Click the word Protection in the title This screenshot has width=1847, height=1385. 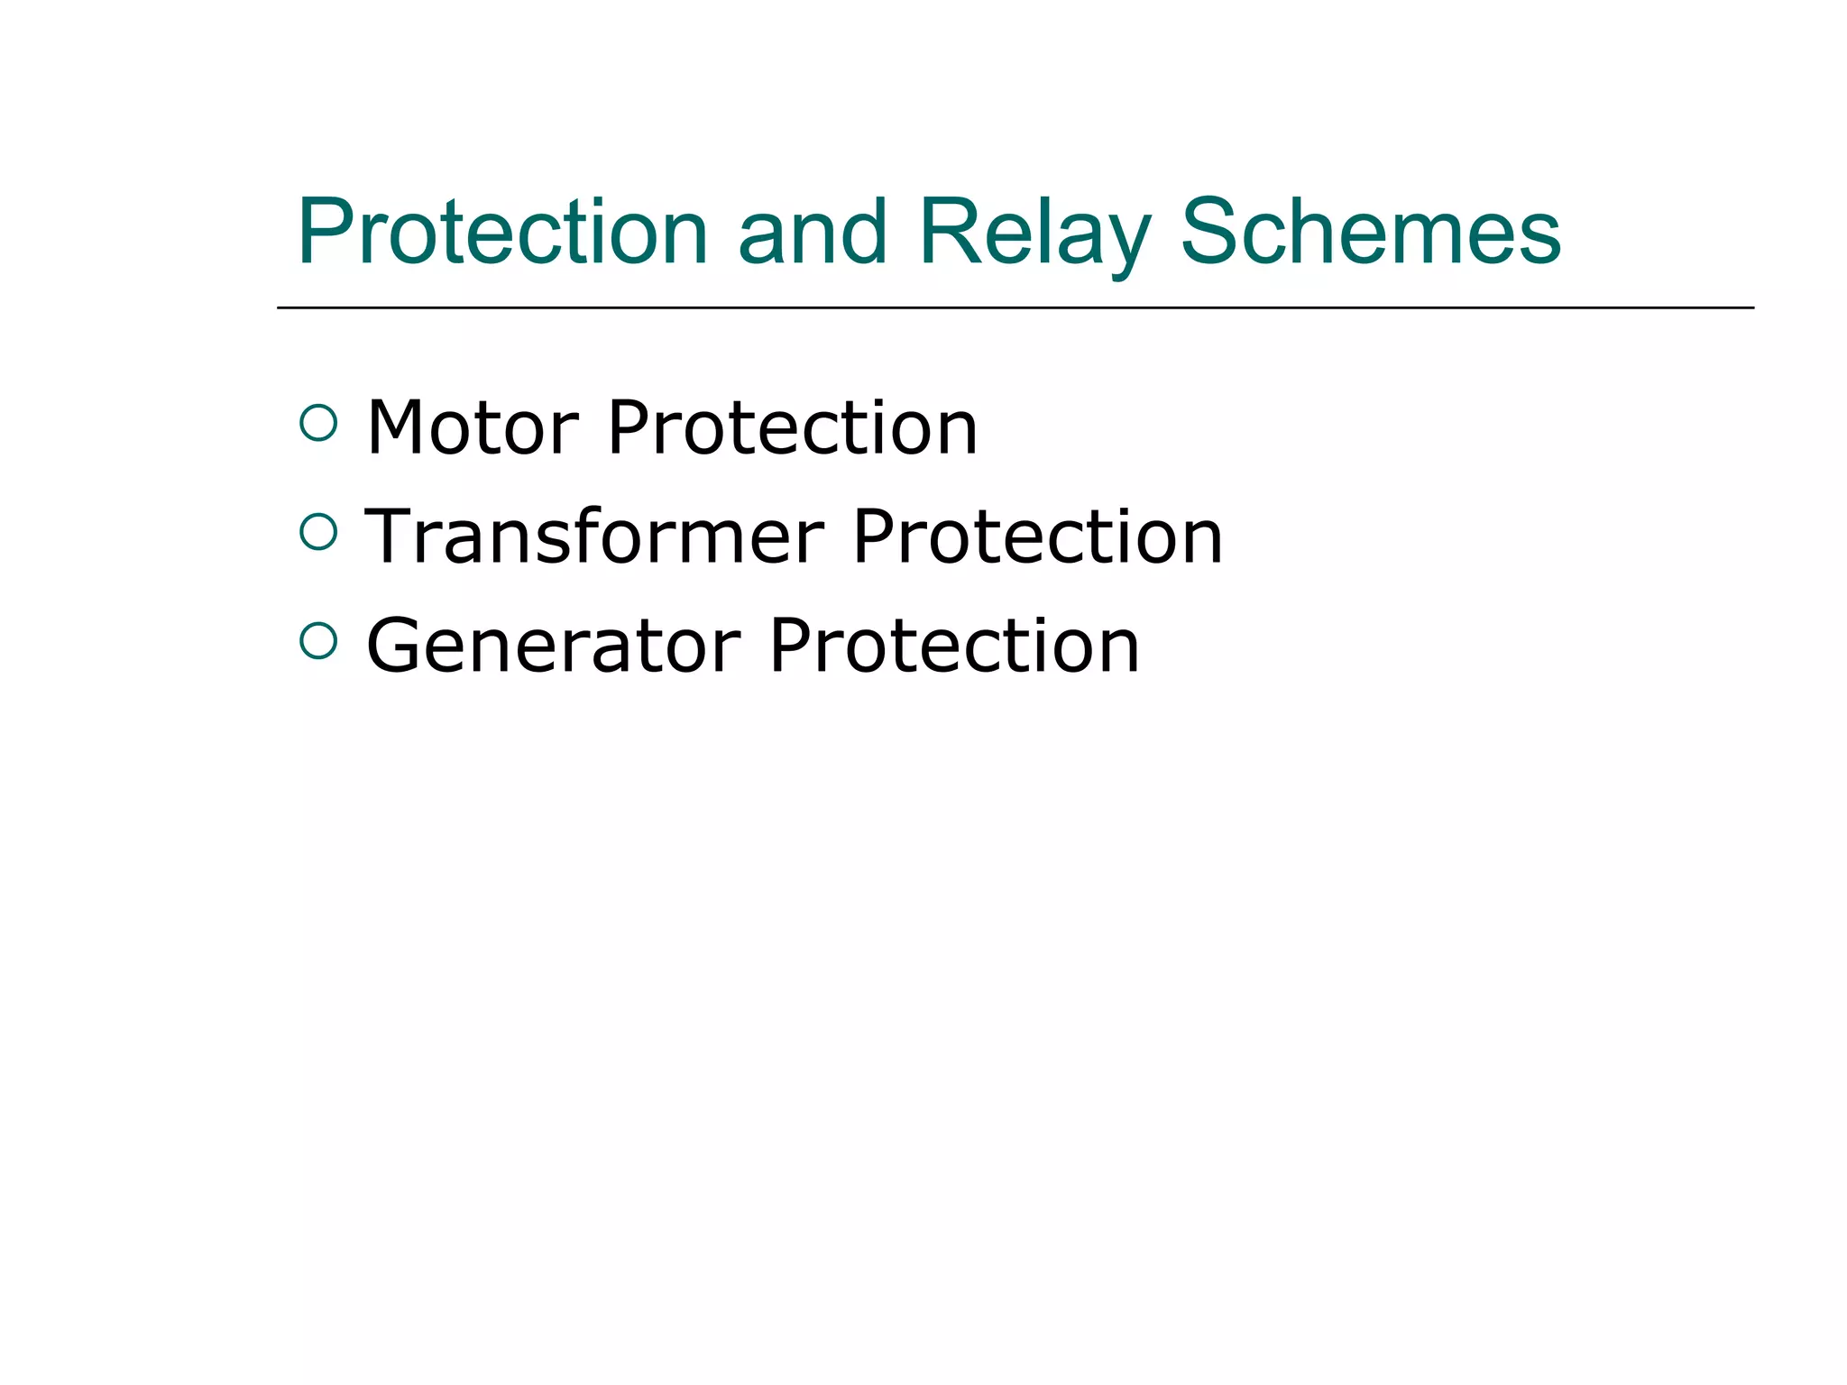point(502,233)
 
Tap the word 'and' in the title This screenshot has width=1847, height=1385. point(813,233)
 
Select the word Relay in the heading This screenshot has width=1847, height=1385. point(1034,233)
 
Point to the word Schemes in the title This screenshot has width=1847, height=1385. point(1370,233)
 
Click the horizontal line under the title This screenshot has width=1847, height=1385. point(1015,307)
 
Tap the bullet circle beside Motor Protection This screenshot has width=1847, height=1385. point(317,423)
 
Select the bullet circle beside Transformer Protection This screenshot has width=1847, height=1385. point(317,532)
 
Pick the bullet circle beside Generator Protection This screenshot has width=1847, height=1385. point(317,641)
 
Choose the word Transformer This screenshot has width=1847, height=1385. point(594,537)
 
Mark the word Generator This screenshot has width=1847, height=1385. point(554,646)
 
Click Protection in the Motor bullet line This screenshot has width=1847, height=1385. point(793,427)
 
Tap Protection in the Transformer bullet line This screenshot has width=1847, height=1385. point(1037,537)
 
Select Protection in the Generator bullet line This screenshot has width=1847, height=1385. point(955,646)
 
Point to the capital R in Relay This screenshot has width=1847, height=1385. point(949,233)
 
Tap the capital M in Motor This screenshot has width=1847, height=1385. point(399,427)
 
